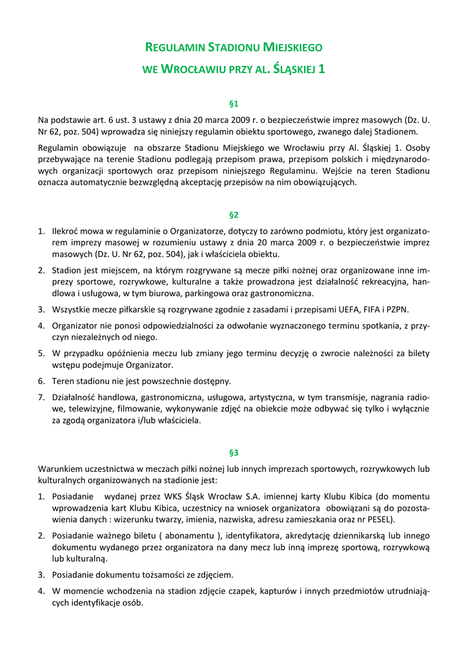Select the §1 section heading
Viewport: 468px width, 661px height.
click(x=234, y=103)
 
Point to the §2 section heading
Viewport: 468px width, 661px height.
click(x=234, y=214)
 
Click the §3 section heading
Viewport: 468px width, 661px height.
click(x=234, y=453)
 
